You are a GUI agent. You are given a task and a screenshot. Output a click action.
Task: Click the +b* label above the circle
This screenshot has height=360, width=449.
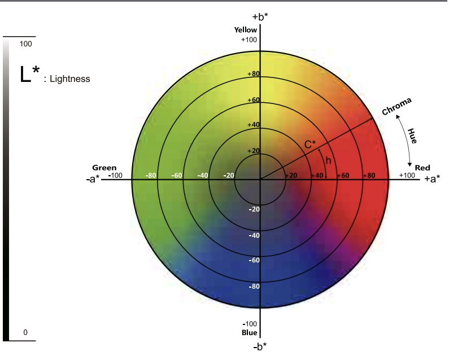point(260,16)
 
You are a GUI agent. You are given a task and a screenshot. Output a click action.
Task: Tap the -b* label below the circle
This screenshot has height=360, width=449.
point(260,345)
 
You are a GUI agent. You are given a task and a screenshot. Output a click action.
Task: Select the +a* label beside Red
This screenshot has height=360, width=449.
point(432,179)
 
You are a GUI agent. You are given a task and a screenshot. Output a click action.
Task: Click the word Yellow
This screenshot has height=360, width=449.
point(246,30)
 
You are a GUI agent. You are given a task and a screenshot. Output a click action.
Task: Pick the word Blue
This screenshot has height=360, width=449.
point(250,333)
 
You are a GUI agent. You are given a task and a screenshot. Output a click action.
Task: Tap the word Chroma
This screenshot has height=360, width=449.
point(397,106)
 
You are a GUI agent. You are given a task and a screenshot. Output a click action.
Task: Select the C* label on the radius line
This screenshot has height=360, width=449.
point(310,145)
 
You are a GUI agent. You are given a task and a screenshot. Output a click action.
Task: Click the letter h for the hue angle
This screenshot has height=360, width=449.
point(328,161)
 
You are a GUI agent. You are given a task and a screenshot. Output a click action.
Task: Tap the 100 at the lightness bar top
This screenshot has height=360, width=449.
point(26,44)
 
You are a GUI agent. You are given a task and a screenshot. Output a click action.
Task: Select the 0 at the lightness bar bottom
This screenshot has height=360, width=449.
point(25,332)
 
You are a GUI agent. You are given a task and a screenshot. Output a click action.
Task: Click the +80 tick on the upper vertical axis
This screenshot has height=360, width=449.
point(253,74)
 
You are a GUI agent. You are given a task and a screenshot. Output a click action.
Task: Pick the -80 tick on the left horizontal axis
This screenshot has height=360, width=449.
point(150,175)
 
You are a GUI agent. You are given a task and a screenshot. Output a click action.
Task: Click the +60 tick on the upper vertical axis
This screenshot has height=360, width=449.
point(253,100)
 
